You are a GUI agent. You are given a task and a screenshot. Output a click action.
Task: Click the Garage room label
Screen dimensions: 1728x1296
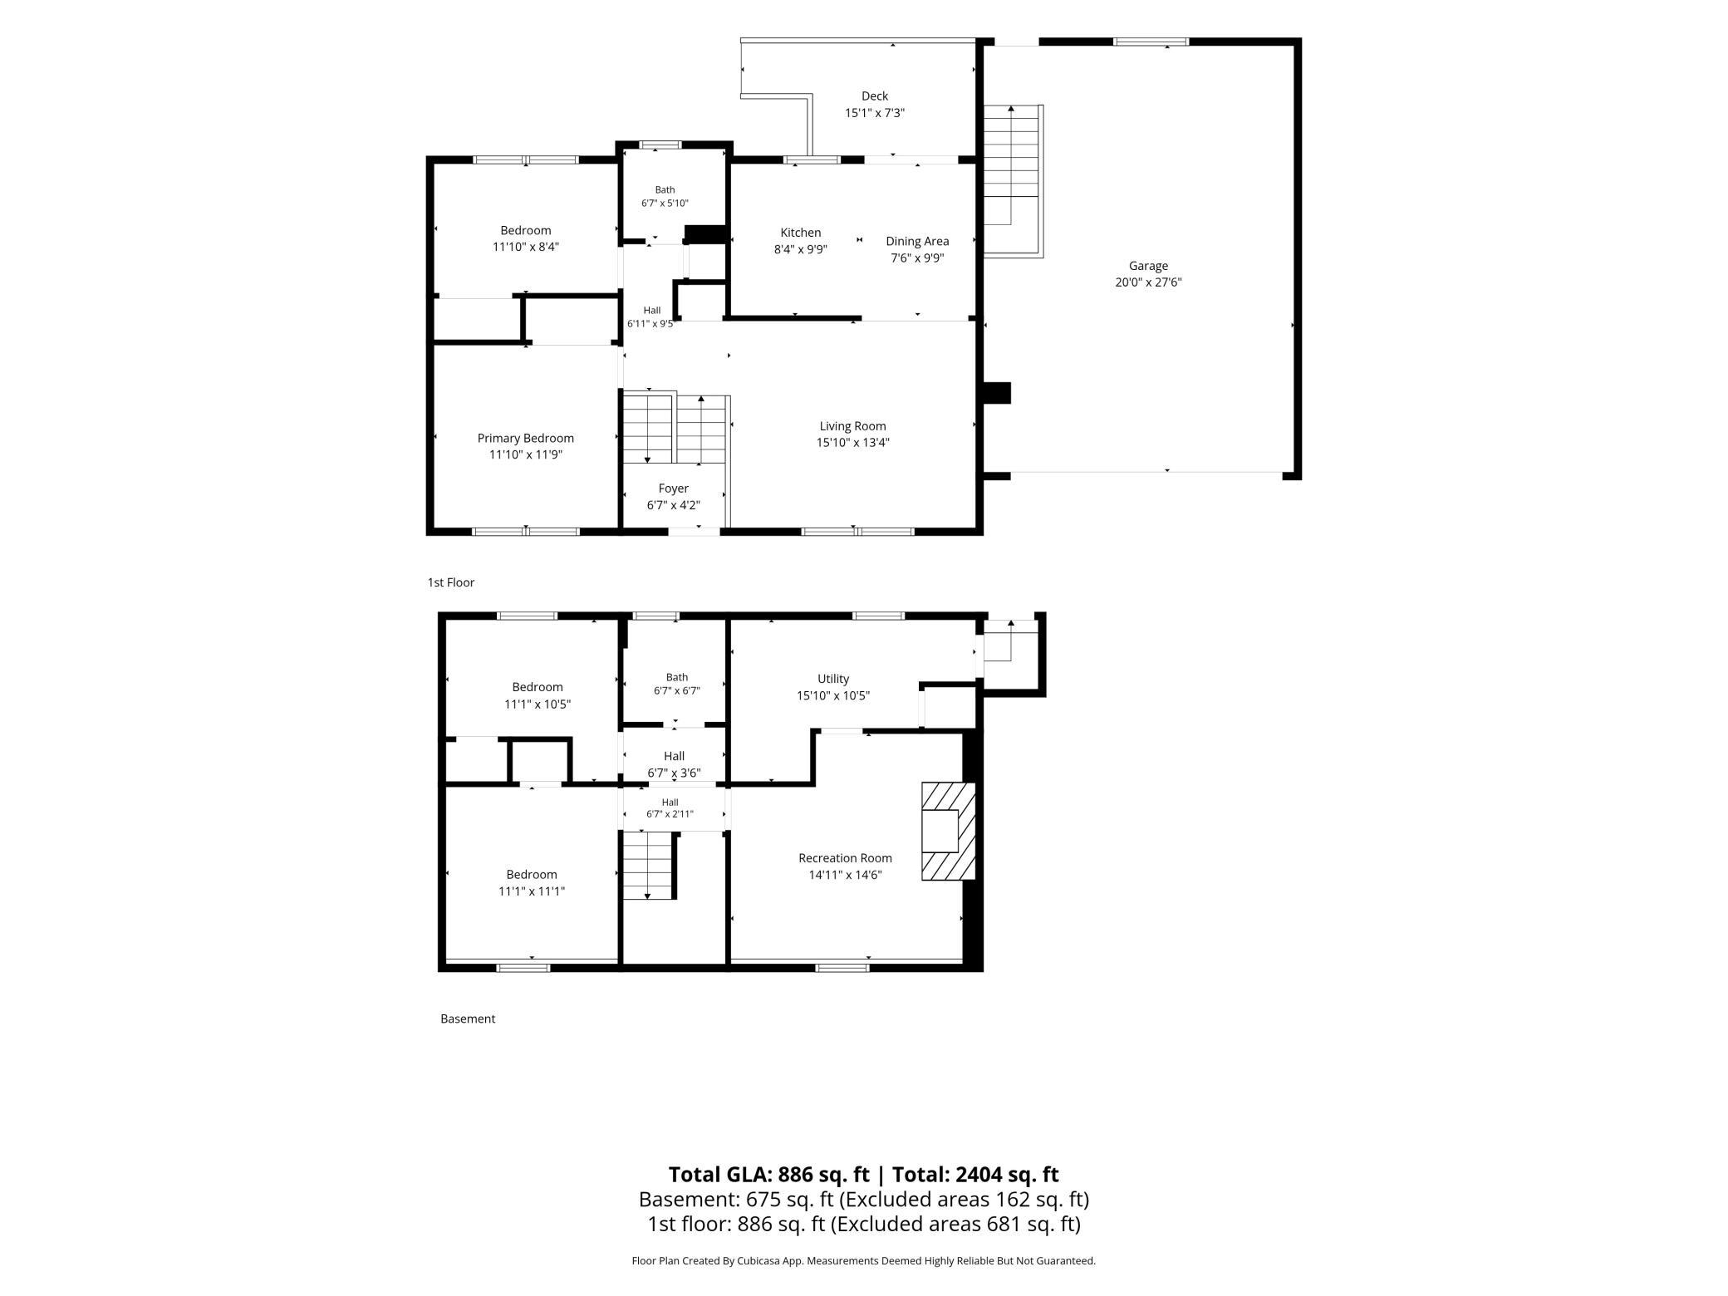pyautogui.click(x=1148, y=266)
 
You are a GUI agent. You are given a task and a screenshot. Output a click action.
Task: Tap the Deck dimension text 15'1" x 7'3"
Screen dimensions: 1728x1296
pyautogui.click(x=875, y=113)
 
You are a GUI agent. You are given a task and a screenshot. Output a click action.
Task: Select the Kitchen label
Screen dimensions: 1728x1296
pyautogui.click(x=801, y=233)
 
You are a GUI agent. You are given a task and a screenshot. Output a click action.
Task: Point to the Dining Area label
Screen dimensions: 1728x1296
pyautogui.click(x=917, y=241)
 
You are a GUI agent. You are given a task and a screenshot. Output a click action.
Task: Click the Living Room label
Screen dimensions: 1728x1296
pyautogui.click(x=853, y=426)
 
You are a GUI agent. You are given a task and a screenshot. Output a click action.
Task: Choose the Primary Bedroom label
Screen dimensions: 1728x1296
pyautogui.click(x=526, y=439)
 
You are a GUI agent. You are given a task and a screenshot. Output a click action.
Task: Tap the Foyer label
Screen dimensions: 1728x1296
pyautogui.click(x=674, y=488)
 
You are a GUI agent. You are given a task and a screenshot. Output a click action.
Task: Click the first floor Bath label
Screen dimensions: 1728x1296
pyautogui.click(x=665, y=190)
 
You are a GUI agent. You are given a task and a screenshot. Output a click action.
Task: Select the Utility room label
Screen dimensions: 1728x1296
pyautogui.click(x=833, y=679)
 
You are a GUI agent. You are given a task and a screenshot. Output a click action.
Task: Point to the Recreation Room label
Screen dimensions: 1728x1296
pyautogui.click(x=846, y=858)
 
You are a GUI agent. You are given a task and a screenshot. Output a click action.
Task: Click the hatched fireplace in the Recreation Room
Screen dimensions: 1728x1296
pyautogui.click(x=948, y=831)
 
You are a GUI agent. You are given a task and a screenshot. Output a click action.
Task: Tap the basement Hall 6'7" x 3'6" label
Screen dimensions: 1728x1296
pyautogui.click(x=674, y=764)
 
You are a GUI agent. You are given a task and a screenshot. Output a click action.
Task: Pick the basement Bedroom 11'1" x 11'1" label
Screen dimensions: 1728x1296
pyautogui.click(x=532, y=882)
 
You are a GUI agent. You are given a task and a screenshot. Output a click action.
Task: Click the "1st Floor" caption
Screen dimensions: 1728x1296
pyautogui.click(x=451, y=582)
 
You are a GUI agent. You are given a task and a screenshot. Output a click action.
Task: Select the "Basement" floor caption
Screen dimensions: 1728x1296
pyautogui.click(x=468, y=1019)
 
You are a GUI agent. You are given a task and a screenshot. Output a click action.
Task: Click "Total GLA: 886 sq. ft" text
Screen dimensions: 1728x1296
pyautogui.click(x=768, y=1174)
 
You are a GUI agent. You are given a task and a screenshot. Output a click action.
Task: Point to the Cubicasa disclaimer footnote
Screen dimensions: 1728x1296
pyautogui.click(x=864, y=1261)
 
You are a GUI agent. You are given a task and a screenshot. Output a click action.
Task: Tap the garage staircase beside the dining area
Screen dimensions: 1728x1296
pyautogui.click(x=1013, y=181)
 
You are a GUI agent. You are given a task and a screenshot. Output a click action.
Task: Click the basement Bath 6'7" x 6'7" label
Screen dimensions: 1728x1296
pyautogui.click(x=677, y=684)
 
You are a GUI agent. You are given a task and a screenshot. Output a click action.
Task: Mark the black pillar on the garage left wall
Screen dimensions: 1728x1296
pyautogui.click(x=997, y=393)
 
